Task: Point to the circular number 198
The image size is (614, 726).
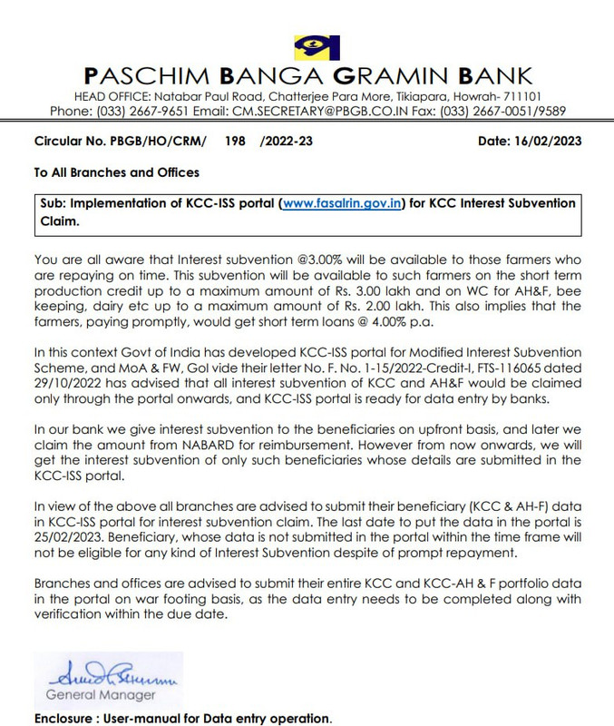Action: click(236, 142)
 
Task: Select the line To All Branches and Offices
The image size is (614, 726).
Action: click(116, 172)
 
